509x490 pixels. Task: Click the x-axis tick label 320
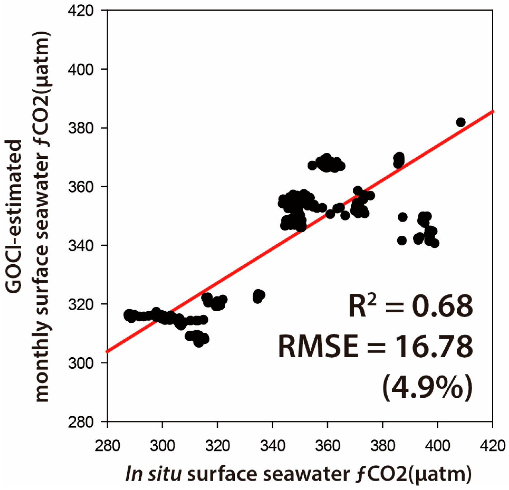click(x=217, y=445)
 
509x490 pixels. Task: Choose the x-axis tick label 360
click(x=327, y=445)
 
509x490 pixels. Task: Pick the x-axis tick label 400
click(x=438, y=445)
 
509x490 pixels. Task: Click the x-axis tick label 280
click(x=107, y=445)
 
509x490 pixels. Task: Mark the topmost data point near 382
click(x=461, y=122)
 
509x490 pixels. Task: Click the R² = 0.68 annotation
click(x=410, y=306)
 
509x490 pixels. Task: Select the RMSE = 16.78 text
click(x=375, y=347)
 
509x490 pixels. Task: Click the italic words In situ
click(x=153, y=474)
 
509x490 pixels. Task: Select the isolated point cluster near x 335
click(x=259, y=296)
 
